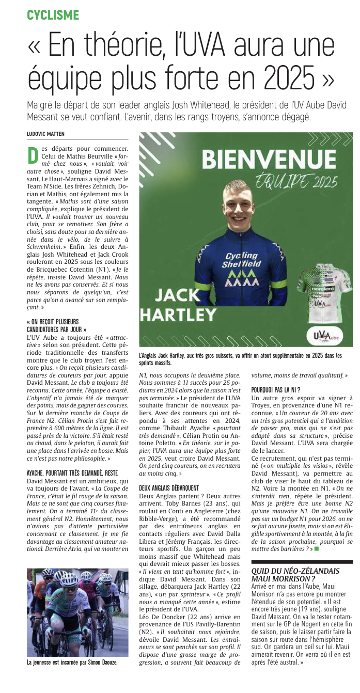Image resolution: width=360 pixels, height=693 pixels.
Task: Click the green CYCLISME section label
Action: tap(53, 14)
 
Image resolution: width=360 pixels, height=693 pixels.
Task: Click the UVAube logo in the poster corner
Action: tap(325, 337)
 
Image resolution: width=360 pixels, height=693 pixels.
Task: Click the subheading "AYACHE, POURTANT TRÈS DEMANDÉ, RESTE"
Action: tap(72, 458)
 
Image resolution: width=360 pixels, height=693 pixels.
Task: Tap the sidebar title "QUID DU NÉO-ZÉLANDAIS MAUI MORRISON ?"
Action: tap(295, 574)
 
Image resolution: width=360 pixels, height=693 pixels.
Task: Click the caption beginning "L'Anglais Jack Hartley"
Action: tap(240, 358)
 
